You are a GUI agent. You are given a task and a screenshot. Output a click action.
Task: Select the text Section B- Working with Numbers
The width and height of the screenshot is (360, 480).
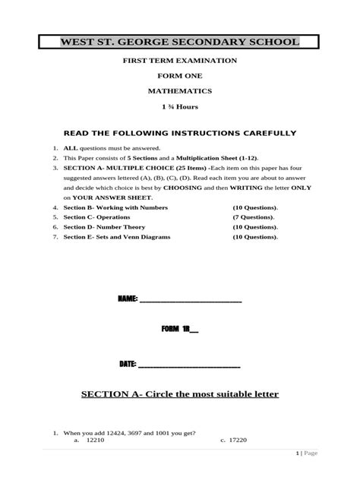tap(115, 207)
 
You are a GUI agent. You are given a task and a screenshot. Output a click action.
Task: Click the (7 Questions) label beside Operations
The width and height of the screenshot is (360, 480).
tap(254, 216)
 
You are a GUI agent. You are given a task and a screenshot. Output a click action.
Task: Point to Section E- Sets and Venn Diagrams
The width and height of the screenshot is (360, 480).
tap(117, 236)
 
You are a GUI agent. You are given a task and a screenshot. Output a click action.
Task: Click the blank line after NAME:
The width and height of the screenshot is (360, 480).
tap(190, 301)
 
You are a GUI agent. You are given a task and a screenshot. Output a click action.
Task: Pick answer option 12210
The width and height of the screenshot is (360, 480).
tap(96, 440)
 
